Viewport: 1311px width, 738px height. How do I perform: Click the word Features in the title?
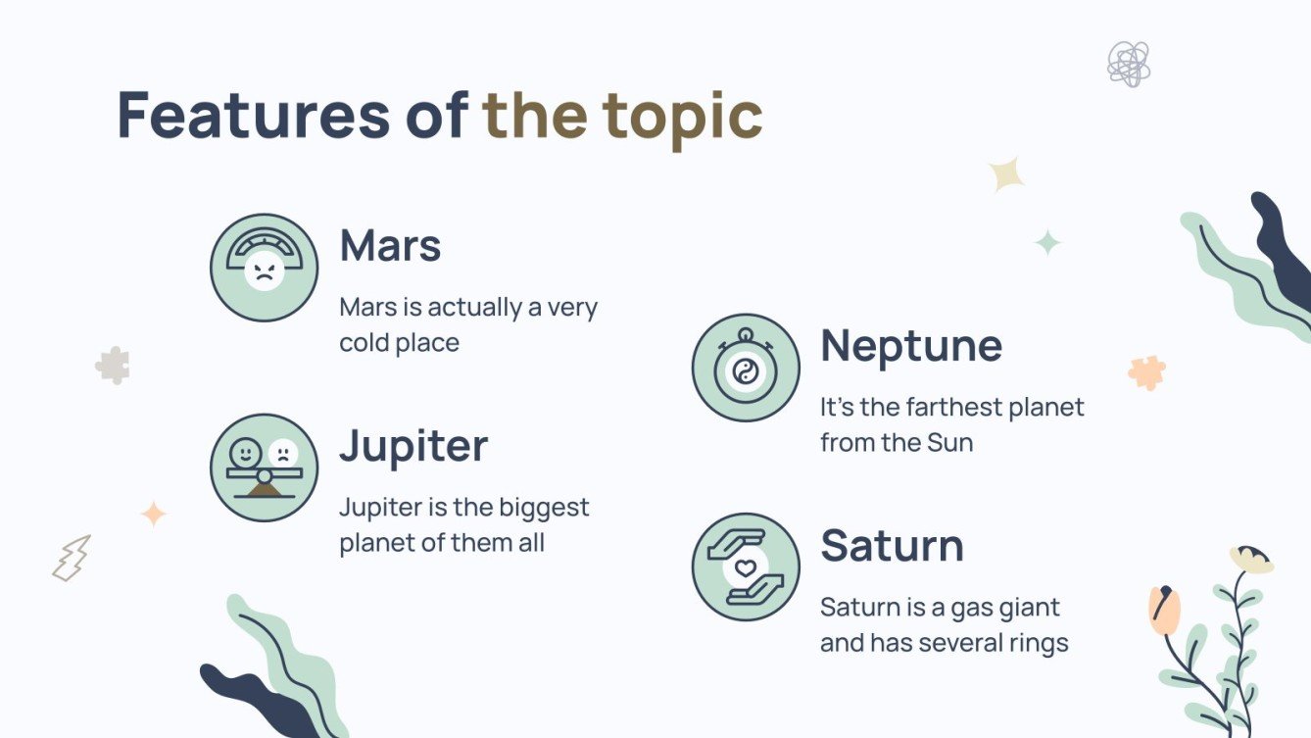coord(254,115)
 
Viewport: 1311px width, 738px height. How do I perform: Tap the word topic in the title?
coord(682,120)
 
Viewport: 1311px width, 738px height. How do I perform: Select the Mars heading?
coord(390,245)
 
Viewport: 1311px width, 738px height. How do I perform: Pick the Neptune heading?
coord(911,348)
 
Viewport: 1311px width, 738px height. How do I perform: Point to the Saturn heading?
coord(892,546)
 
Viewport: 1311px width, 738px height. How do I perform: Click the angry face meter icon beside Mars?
coord(264,268)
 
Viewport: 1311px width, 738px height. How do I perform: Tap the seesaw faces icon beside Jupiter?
coord(264,467)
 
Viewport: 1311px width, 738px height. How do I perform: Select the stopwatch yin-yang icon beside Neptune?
coord(746,368)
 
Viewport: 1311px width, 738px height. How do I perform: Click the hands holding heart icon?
coord(746,567)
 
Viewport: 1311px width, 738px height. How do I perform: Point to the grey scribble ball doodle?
coord(1129,64)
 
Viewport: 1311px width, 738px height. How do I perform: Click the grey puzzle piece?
coord(114,366)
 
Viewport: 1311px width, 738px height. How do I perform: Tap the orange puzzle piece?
coord(1146,372)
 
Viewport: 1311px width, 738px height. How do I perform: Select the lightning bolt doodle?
coord(72,559)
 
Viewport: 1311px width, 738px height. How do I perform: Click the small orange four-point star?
coord(154,515)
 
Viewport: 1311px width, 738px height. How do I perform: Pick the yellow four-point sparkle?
coord(1006,174)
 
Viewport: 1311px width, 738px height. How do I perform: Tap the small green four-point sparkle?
coord(1047,242)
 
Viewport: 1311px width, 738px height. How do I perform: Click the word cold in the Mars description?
coord(364,342)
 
